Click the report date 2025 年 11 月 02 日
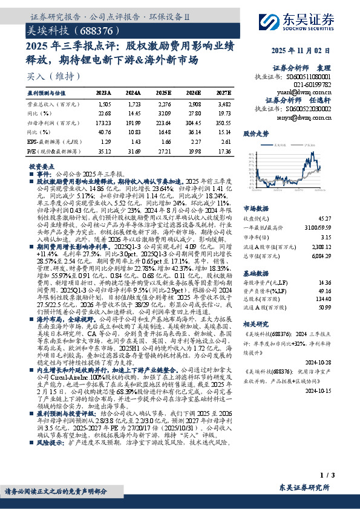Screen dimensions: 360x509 coord(310,51)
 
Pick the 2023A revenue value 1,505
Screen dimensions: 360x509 coord(104,105)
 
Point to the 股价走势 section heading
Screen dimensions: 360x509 coord(255,132)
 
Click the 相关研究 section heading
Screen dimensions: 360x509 coord(255,323)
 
